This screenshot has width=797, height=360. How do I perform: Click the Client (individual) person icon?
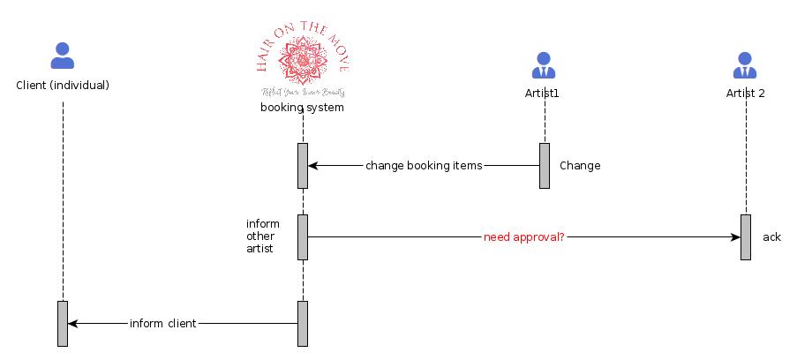click(x=63, y=56)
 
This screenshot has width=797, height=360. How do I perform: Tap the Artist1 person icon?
click(x=545, y=64)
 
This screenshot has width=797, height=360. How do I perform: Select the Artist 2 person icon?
click(x=745, y=64)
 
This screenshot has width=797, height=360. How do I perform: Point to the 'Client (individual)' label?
click(x=63, y=86)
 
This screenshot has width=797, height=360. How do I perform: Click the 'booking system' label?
click(x=302, y=108)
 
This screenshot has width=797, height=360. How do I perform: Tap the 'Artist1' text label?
click(x=545, y=93)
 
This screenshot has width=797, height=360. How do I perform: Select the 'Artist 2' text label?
click(x=745, y=93)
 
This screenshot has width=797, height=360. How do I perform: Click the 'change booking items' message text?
click(x=424, y=165)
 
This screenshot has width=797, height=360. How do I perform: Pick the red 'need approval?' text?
click(x=523, y=237)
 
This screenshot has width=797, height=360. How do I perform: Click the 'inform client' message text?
click(x=162, y=324)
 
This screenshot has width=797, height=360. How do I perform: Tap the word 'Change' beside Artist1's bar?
click(x=580, y=166)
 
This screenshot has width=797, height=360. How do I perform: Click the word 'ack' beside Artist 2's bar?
click(x=771, y=237)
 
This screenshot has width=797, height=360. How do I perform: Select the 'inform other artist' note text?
click(x=263, y=236)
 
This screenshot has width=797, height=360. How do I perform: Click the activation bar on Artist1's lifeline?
click(x=545, y=165)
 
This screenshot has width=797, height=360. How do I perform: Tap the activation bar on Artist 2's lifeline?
click(x=745, y=236)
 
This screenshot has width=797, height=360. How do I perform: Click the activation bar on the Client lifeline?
click(x=63, y=323)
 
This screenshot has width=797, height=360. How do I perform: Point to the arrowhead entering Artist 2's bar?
click(x=734, y=237)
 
